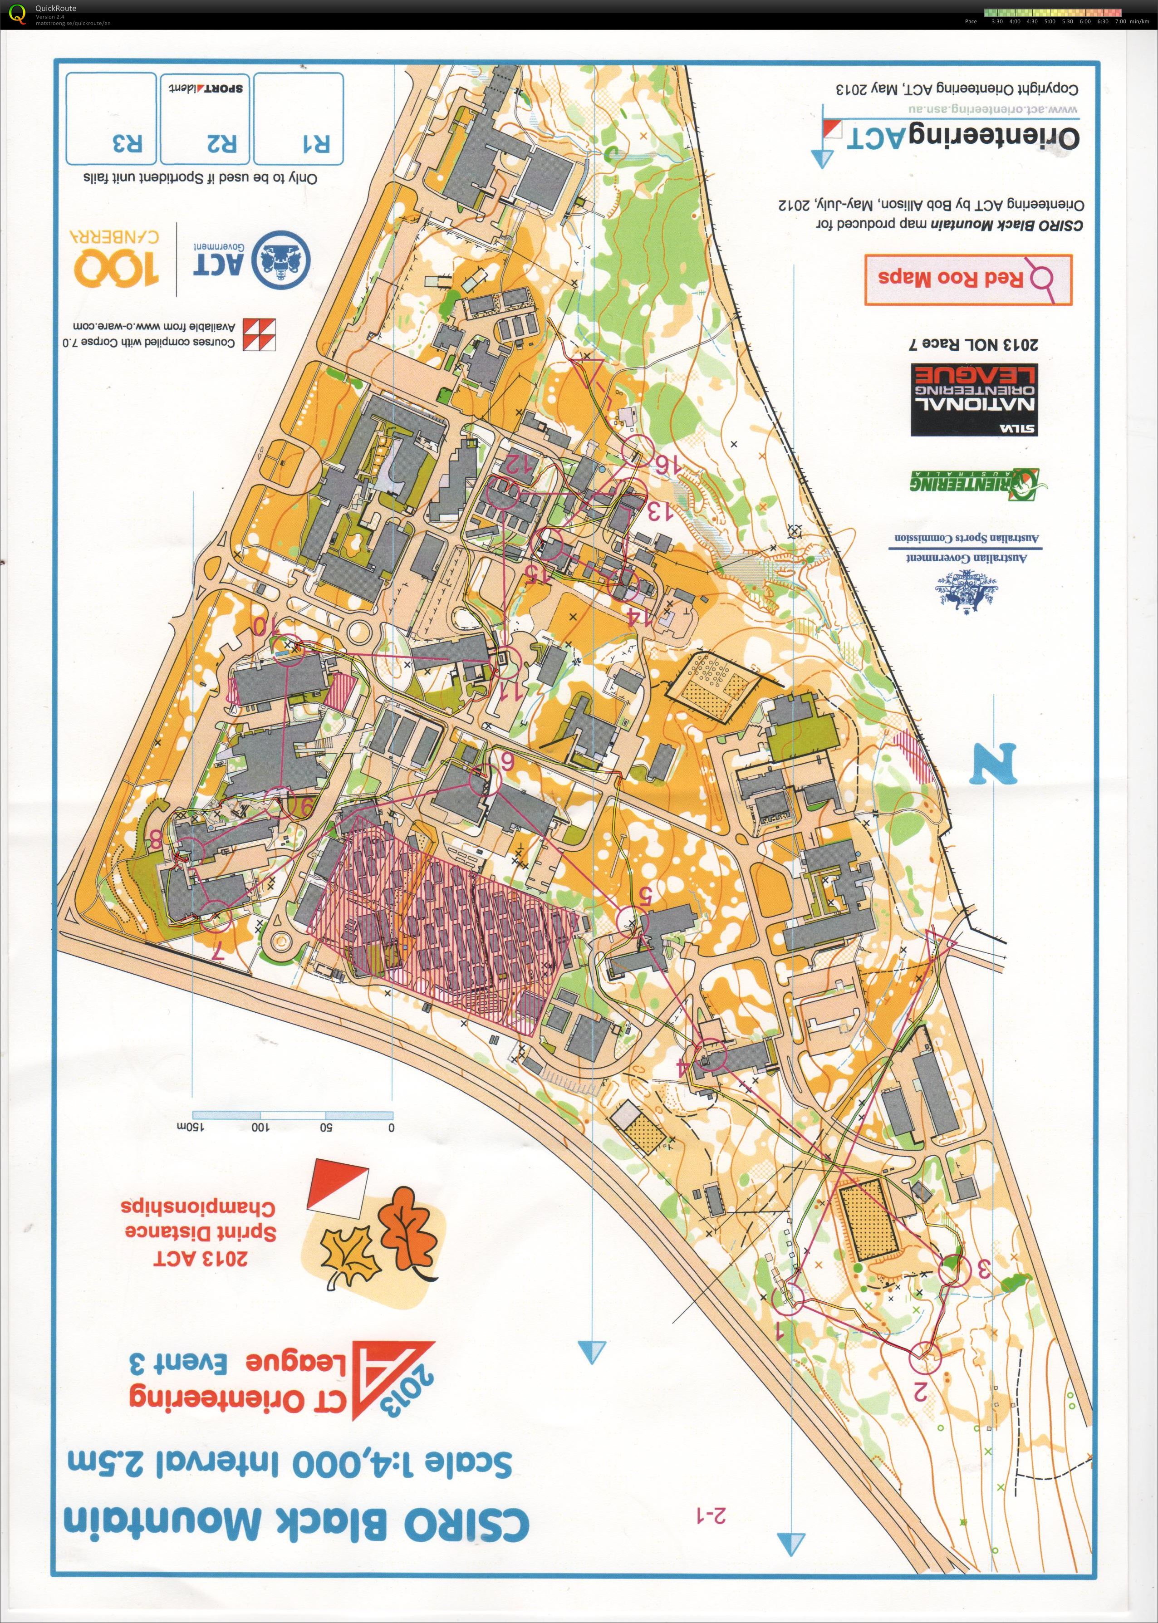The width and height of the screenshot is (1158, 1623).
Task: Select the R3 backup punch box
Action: point(112,118)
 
